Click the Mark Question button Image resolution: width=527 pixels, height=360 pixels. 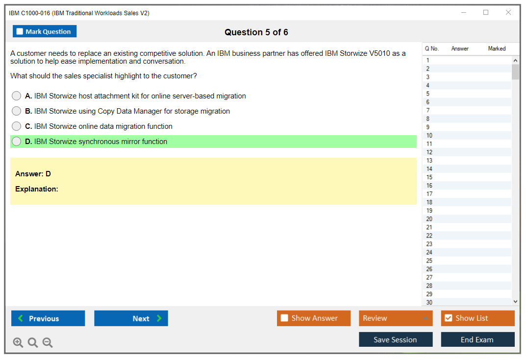[45, 31]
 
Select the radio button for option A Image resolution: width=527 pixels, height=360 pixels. [17, 96]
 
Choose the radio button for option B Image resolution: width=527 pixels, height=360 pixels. [17, 111]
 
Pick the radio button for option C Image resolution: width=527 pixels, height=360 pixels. [17, 126]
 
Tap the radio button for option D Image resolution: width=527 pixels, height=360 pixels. [17, 142]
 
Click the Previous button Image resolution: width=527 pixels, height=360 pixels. [48, 318]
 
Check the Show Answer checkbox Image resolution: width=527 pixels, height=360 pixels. [284, 318]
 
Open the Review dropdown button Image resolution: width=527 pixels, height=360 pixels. [396, 318]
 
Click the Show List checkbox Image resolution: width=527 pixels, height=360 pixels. [449, 318]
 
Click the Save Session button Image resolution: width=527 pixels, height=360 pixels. [396, 339]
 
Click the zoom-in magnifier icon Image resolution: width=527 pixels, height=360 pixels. [18, 342]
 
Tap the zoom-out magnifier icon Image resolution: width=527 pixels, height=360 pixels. [48, 342]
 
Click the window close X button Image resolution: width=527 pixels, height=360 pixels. [508, 12]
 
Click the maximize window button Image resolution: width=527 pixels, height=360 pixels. [486, 12]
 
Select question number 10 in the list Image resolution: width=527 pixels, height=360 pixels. [429, 135]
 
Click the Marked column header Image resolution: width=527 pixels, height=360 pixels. [497, 48]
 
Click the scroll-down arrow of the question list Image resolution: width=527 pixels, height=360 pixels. [516, 302]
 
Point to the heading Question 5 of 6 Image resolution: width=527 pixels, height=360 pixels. [256, 32]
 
